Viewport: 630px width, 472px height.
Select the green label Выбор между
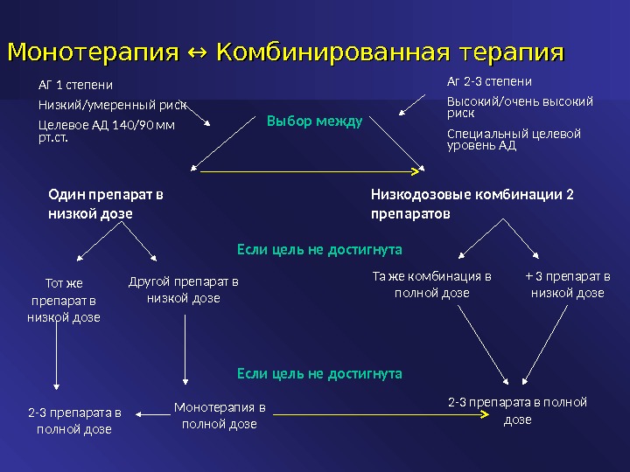tap(314, 121)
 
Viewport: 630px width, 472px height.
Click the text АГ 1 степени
tap(76, 86)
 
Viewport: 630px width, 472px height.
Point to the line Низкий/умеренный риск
tap(112, 106)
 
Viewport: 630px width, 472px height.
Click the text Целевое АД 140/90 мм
tap(106, 125)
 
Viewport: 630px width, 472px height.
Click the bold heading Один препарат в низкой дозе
tap(105, 204)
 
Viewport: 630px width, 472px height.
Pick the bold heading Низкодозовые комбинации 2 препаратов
tap(473, 204)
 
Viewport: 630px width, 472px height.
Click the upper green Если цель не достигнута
tap(319, 249)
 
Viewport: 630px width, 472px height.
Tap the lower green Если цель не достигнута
tap(319, 373)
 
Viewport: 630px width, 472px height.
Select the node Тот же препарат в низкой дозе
tap(63, 300)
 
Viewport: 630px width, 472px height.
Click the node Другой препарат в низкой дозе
tap(183, 290)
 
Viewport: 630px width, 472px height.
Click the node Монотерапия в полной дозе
tap(219, 415)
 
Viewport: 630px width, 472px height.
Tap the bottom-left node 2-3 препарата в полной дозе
tap(74, 420)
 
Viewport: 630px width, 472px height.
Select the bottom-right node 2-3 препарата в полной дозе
tap(517, 411)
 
